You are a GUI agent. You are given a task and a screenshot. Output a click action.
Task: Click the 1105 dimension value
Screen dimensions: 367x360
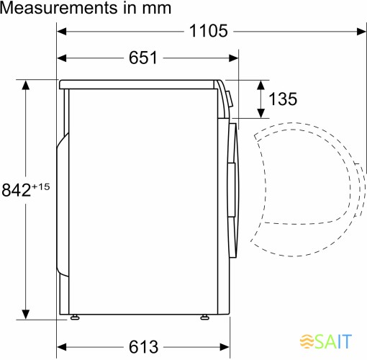[208, 31]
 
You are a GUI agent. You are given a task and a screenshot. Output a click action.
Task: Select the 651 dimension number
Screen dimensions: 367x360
[143, 58]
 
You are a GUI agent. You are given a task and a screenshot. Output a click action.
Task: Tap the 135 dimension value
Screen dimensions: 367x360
[283, 99]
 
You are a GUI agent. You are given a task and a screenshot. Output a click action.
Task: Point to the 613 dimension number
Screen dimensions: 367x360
[143, 347]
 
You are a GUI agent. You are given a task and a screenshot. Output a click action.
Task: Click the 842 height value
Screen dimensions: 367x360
[17, 190]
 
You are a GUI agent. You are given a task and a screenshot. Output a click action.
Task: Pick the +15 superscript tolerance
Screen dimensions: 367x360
[41, 186]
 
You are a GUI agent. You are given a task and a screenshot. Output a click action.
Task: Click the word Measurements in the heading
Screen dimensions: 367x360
[59, 8]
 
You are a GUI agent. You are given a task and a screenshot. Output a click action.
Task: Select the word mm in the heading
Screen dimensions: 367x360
[156, 9]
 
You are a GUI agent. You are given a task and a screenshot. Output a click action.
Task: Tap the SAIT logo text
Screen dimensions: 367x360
[333, 341]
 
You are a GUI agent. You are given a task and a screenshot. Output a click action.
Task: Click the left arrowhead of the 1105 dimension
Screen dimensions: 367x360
[62, 31]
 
